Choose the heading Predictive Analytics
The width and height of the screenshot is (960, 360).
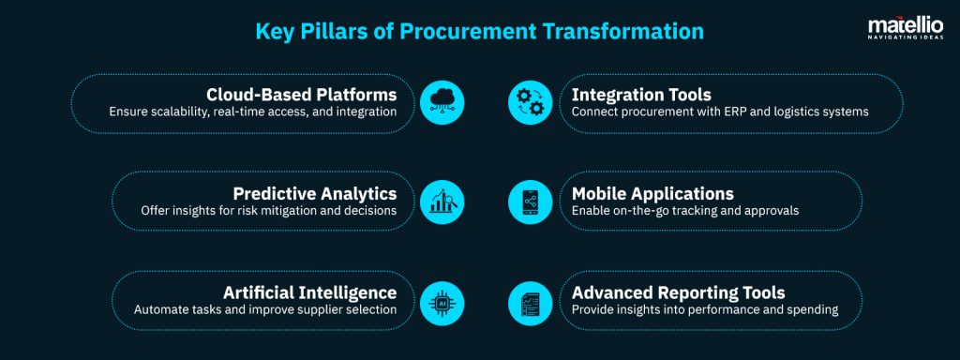tap(315, 193)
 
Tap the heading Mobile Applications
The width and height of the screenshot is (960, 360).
tap(653, 193)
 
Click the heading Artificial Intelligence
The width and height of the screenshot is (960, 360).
tap(310, 292)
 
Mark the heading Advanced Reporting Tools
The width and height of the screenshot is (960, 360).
tap(679, 292)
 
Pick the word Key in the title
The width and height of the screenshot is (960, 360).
tap(279, 30)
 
